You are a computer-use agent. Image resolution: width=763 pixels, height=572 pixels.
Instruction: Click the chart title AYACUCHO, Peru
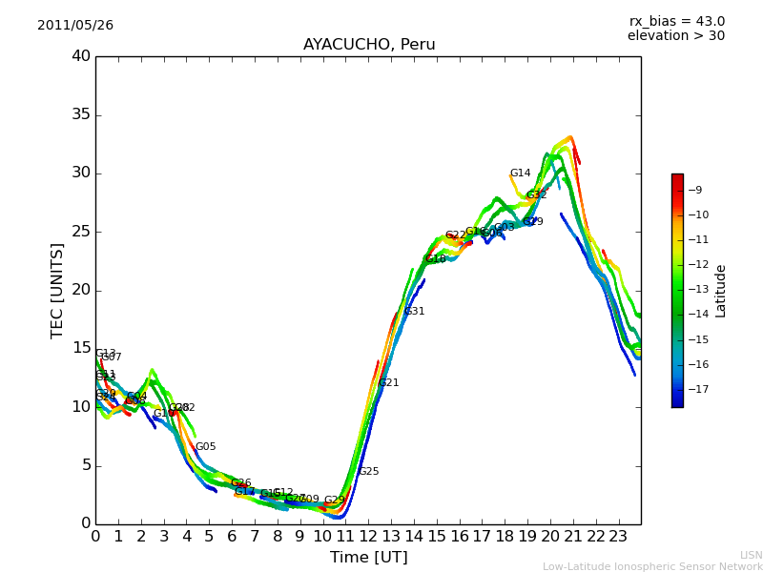coord(369,45)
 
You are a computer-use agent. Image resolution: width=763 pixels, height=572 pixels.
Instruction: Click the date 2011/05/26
coord(75,26)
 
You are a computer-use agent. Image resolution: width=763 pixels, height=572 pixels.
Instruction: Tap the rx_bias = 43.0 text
coord(676,22)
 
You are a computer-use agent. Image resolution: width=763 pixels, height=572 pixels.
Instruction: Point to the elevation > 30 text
coord(675,36)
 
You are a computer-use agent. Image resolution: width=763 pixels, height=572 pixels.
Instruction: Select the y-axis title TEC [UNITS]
coord(57,290)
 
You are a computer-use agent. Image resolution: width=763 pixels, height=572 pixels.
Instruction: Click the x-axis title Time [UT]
coord(368,558)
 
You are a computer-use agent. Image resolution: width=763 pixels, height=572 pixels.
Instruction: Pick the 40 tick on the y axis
coord(81,56)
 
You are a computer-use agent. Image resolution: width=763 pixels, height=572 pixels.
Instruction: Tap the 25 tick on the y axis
coord(81,232)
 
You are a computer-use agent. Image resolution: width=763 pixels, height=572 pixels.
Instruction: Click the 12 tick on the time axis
coord(368,537)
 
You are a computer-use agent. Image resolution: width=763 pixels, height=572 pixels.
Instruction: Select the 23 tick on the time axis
coord(618,537)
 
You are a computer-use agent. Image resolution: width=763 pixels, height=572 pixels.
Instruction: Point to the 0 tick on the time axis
coord(95,537)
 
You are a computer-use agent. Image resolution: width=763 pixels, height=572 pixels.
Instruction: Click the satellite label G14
coord(520,174)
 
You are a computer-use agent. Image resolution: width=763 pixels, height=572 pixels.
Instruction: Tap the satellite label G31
coord(414,312)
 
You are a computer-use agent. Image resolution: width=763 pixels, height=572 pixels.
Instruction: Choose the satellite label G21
coord(388,383)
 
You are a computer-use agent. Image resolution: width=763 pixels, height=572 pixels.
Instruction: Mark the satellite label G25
coord(368,472)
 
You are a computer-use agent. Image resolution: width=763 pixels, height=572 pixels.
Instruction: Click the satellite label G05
coord(205,447)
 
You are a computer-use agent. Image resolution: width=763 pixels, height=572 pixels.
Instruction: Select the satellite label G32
coord(537,195)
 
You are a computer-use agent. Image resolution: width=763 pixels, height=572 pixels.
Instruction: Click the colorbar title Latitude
coord(721,291)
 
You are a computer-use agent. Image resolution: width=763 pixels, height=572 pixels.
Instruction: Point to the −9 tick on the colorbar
coord(696,190)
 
